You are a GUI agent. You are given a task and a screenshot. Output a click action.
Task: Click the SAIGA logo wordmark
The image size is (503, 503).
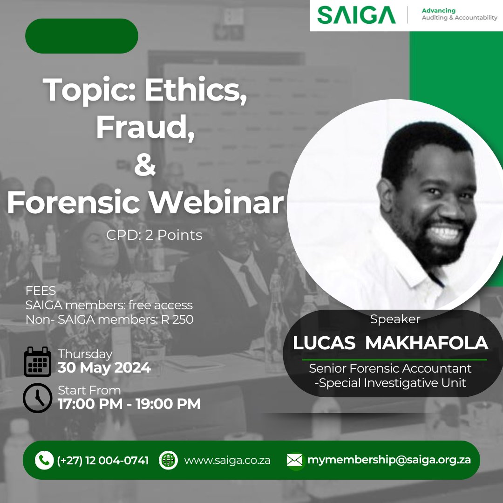coord(356,15)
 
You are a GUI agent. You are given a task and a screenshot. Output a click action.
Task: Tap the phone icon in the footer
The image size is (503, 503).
coord(44,461)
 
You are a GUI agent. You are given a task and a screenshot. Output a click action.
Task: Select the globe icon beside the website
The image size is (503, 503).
coord(168,460)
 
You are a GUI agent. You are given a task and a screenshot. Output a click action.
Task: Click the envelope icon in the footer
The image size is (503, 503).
coord(294,461)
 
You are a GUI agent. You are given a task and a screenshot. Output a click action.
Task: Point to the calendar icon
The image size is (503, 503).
coord(37,361)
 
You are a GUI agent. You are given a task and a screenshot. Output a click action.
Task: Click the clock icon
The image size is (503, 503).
coord(37,398)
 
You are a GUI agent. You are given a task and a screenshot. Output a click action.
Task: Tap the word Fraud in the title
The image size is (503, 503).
coord(145,127)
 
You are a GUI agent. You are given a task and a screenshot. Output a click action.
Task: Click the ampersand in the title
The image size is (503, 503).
coord(145,165)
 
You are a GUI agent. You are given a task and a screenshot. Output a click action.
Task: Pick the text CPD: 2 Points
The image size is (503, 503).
coord(154,235)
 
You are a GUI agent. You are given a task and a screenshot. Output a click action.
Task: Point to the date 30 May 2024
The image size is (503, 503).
coord(104,368)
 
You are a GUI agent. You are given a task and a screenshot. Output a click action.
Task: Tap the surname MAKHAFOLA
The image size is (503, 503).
coord(427,343)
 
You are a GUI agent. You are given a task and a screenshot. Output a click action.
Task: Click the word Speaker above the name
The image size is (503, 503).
coord(395,319)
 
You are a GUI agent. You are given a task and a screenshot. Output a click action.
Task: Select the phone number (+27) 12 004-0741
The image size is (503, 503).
coord(103,461)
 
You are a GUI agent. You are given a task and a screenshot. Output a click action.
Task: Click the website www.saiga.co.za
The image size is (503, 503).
coord(227,461)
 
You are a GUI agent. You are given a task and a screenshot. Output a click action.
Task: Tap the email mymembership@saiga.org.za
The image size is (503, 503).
coord(389,460)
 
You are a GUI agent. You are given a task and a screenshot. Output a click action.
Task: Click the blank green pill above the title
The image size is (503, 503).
coord(82,36)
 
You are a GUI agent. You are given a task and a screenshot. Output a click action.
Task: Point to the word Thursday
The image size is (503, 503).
coord(85,354)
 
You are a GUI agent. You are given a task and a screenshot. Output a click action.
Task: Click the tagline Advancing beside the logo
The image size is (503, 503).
coord(438,10)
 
